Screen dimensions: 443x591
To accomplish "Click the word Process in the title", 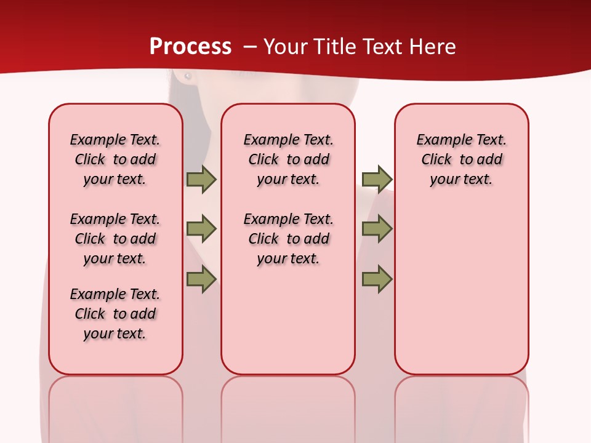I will (190, 47).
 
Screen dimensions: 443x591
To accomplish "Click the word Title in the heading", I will (336, 47).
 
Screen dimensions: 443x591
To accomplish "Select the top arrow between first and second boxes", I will (201, 179).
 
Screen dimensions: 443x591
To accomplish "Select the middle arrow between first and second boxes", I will (201, 229).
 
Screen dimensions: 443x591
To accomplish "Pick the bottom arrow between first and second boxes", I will (201, 279).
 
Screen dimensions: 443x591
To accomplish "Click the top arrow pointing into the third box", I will (377, 179).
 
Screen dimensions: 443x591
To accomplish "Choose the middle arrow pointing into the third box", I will (377, 229).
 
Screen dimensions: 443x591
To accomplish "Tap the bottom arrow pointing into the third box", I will (377, 279).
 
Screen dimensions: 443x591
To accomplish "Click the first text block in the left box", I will (115, 159).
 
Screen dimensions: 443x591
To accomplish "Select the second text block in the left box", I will (115, 239).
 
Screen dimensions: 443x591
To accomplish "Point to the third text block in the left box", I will (115, 314).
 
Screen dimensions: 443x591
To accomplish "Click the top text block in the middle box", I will (288, 159).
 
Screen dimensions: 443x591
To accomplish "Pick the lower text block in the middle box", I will (288, 239).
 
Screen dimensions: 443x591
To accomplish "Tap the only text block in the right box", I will (461, 159).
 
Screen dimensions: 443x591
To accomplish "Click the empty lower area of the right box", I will (461, 295).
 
